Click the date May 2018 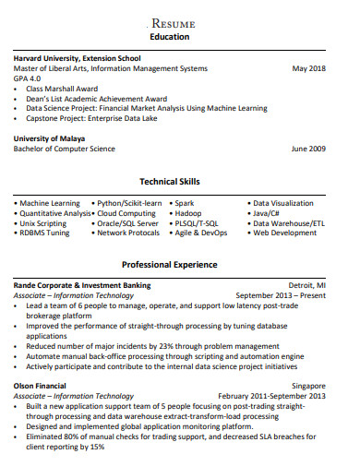[x=308, y=68]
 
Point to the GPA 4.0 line [x=29, y=78]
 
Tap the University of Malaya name [x=49, y=138]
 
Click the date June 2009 [x=307, y=149]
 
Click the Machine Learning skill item [x=51, y=202]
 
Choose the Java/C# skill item [x=273, y=212]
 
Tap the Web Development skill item [x=286, y=233]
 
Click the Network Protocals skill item [x=128, y=233]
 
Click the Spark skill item [x=185, y=202]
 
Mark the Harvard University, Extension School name [x=77, y=58]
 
